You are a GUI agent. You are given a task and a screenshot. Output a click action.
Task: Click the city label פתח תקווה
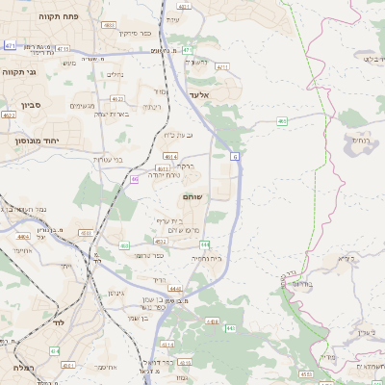pyautogui.click(x=60, y=16)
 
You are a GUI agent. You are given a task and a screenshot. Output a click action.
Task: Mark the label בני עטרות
pyautogui.click(x=115, y=159)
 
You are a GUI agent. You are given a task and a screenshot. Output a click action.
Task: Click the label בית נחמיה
pyautogui.click(x=206, y=258)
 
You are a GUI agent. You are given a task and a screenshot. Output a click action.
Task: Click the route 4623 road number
pyautogui.click(x=115, y=97)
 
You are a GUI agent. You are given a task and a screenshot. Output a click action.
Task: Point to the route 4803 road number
pyautogui.click(x=109, y=24)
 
